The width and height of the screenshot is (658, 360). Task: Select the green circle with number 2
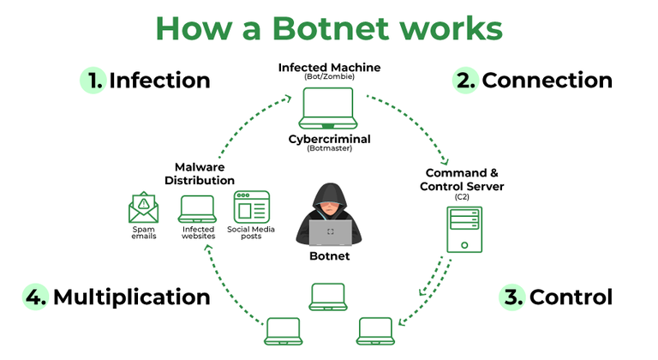point(465,81)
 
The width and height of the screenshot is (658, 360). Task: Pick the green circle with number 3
point(512,297)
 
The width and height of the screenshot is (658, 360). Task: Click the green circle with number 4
point(35,297)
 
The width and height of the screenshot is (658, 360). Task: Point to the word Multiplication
point(131,297)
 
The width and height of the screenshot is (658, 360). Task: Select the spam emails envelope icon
point(143,207)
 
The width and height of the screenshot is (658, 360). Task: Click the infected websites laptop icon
point(197,207)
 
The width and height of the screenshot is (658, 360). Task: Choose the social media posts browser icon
point(251,207)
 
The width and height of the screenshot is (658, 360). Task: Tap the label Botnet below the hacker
point(329,256)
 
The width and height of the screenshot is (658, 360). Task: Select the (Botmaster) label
point(329,148)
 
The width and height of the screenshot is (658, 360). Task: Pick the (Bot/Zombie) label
point(329,77)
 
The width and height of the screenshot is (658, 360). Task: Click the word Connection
point(547,81)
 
